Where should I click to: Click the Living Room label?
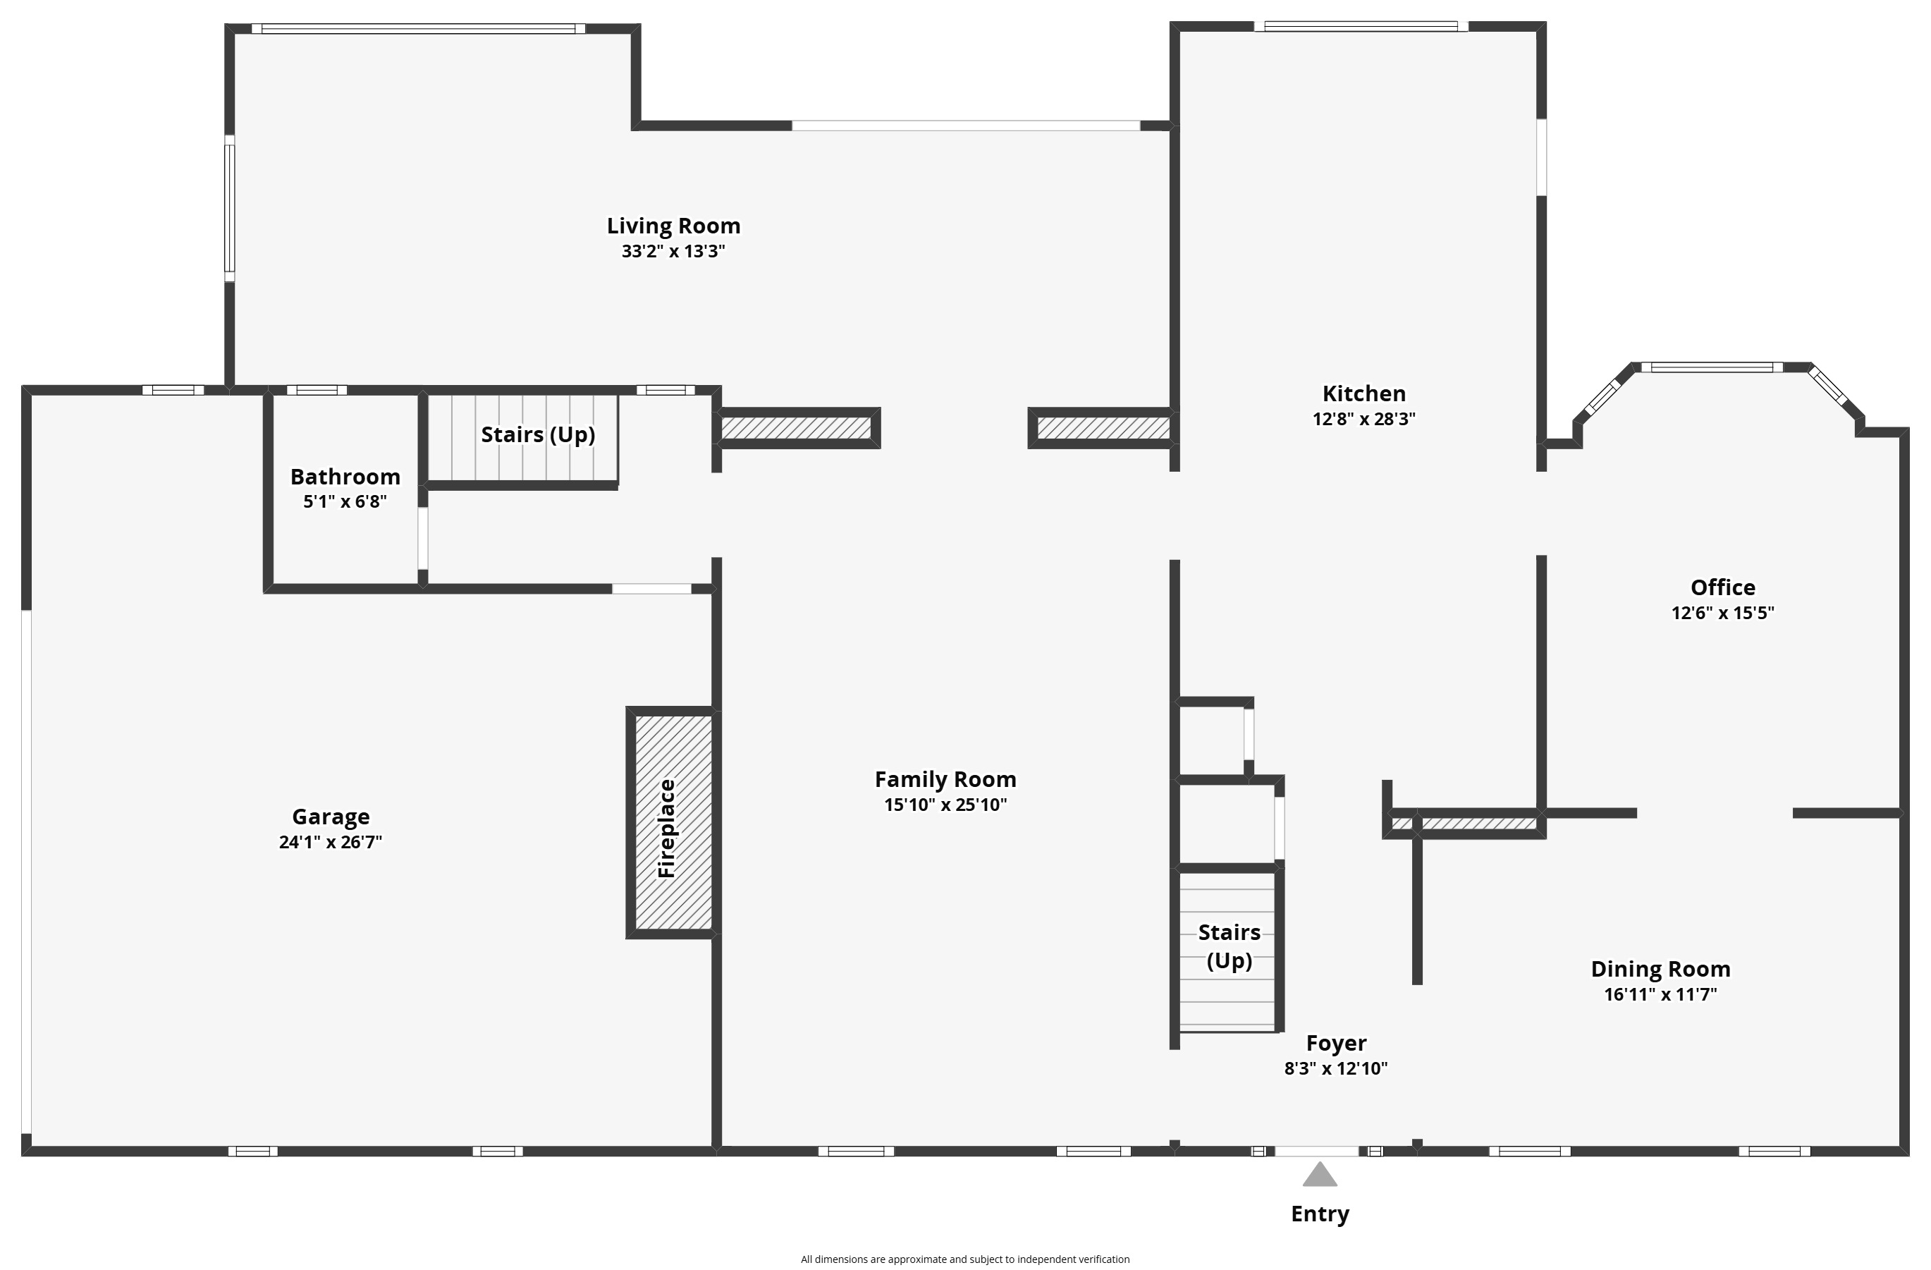(x=673, y=226)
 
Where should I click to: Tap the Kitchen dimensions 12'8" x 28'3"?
(x=1364, y=419)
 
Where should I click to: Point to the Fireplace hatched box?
(x=673, y=822)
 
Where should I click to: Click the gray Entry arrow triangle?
(x=1319, y=1175)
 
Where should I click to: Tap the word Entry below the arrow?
(x=1320, y=1214)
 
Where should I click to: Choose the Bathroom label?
(x=345, y=477)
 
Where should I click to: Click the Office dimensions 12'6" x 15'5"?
(x=1722, y=613)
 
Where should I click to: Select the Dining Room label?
(x=1660, y=969)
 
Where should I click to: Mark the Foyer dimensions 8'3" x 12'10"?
(x=1335, y=1068)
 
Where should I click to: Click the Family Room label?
(x=945, y=779)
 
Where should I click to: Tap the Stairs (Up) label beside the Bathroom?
(x=538, y=435)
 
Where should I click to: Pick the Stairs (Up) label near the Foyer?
(x=1230, y=946)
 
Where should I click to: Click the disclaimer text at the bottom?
(x=964, y=1259)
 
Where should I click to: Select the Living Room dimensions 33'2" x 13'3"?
(x=673, y=251)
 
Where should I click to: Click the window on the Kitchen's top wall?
(x=1361, y=27)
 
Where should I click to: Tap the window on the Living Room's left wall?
(x=230, y=209)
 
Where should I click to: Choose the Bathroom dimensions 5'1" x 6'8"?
(x=345, y=501)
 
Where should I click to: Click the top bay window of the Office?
(x=1712, y=367)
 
